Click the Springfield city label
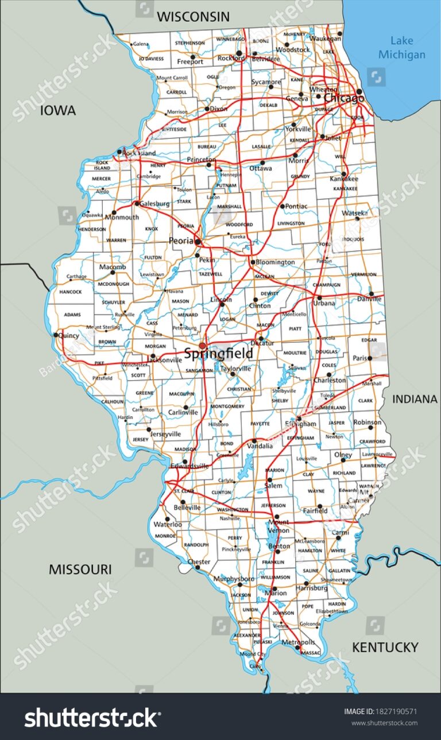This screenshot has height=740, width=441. click(218, 354)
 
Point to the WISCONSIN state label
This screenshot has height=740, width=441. click(193, 17)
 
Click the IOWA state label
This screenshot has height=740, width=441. click(57, 111)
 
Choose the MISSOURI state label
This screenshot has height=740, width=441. click(80, 569)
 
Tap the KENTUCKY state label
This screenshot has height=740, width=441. click(385, 647)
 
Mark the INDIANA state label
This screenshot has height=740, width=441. click(415, 398)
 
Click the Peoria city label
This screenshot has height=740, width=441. click(181, 241)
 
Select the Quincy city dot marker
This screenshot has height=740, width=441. click(56, 335)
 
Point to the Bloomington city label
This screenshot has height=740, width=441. click(275, 262)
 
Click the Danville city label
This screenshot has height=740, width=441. click(369, 299)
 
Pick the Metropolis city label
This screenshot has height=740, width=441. click(299, 642)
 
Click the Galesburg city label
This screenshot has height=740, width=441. click(154, 203)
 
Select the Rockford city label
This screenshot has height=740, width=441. click(230, 57)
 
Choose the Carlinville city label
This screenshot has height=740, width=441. click(183, 412)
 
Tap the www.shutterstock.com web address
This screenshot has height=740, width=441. click(384, 723)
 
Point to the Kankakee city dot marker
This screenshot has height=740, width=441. click(344, 174)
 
